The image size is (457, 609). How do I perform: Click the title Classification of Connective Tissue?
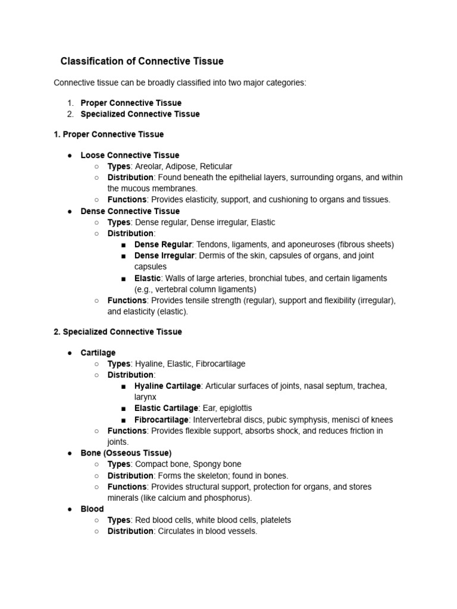142,61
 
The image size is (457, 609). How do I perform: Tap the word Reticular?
217,167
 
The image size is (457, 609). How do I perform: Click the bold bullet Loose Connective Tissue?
130,155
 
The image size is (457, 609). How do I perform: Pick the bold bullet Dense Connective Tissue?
130,211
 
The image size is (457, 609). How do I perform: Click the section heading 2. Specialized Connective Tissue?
118,332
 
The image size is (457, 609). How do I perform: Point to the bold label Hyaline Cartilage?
167,386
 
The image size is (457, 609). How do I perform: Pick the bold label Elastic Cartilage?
166,409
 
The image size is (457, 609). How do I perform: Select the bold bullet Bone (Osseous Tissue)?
126,453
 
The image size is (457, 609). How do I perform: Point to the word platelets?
274,520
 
